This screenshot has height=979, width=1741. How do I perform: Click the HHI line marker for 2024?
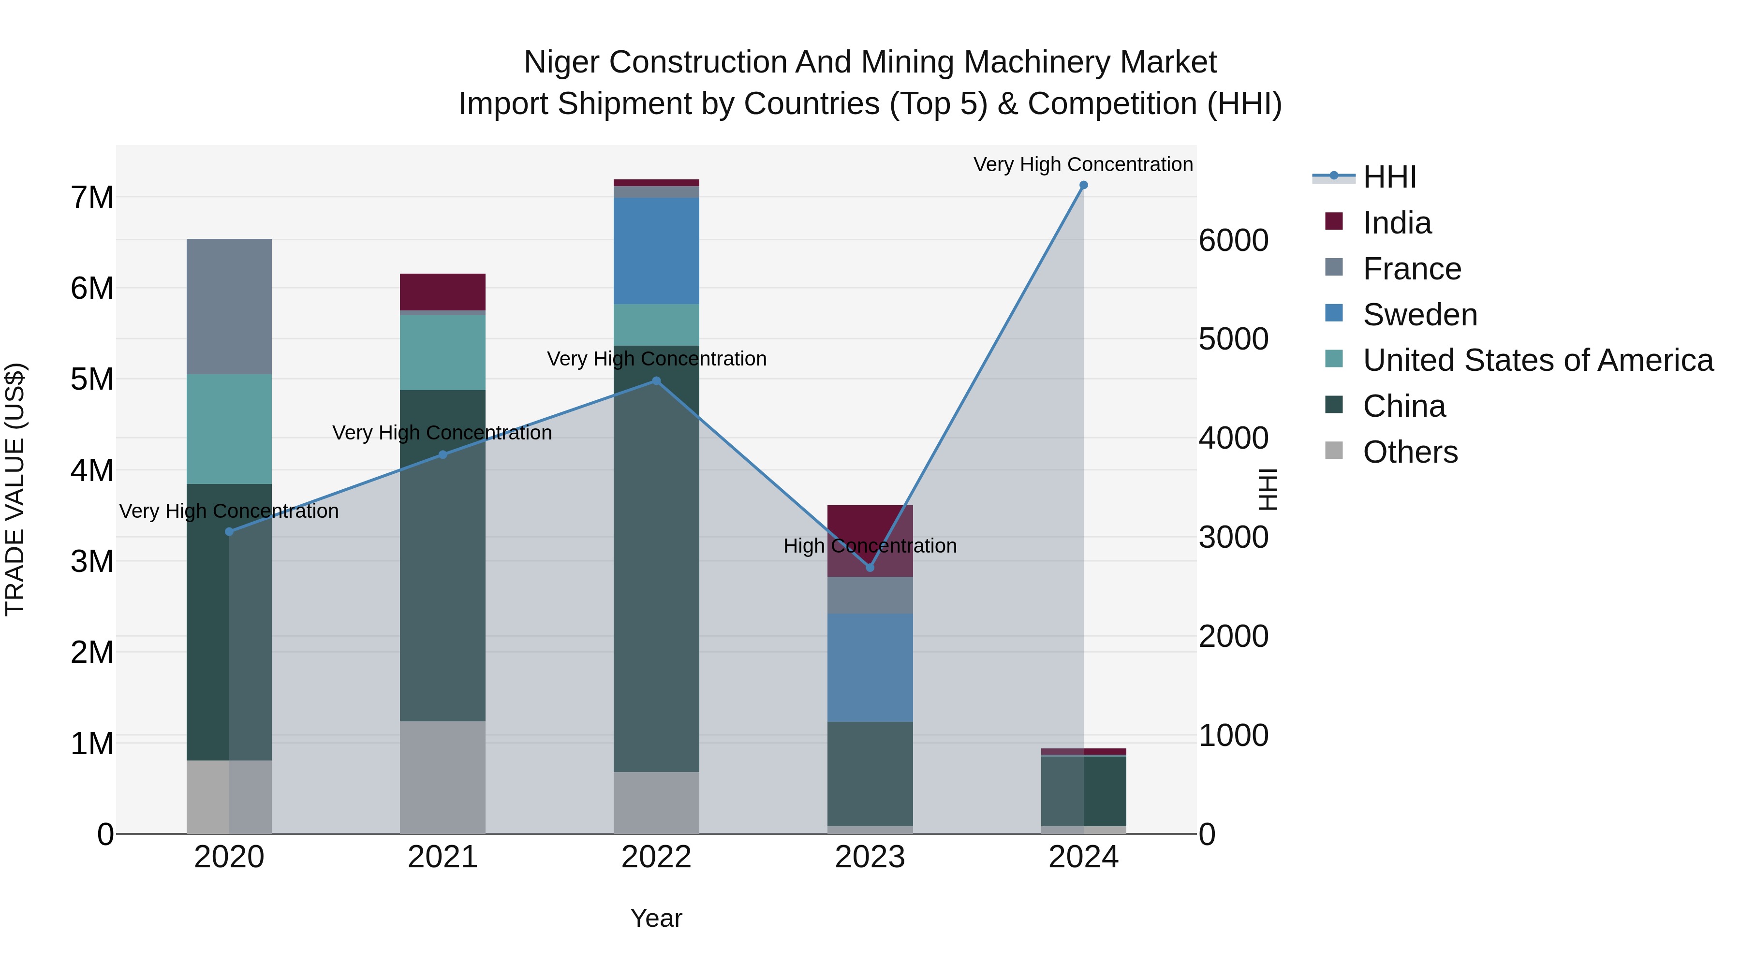(x=1083, y=185)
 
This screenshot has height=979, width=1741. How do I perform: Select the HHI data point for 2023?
(x=870, y=568)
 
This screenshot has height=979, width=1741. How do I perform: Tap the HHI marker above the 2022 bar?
(x=656, y=381)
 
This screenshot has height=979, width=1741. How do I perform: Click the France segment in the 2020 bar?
(x=229, y=307)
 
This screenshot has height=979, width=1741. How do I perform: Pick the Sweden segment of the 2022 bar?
(x=656, y=250)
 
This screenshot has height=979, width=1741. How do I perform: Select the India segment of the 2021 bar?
(x=443, y=292)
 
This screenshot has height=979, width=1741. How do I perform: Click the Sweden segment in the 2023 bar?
(x=870, y=668)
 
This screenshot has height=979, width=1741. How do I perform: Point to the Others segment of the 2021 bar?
(x=443, y=777)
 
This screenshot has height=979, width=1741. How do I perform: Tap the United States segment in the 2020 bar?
(x=229, y=429)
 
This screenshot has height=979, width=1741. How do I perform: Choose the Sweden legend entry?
(x=1419, y=315)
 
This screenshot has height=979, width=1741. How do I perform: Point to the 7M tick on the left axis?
(x=92, y=197)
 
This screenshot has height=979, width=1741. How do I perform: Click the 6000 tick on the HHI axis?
(x=1233, y=241)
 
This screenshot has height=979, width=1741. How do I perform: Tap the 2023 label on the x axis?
(x=870, y=857)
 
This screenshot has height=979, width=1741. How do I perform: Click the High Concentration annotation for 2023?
(x=870, y=546)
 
